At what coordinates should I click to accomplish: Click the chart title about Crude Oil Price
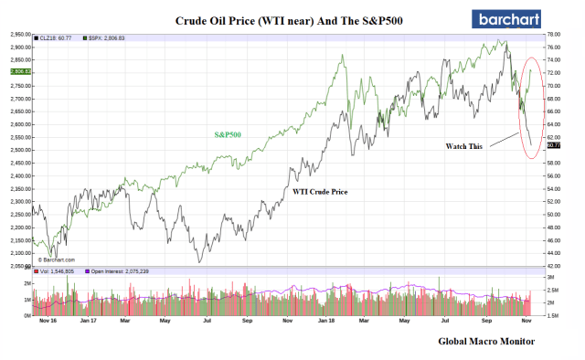point(290,19)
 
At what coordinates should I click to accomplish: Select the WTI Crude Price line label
point(321,191)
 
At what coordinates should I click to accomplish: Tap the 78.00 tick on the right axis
point(552,34)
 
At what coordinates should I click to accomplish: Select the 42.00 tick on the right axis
point(552,266)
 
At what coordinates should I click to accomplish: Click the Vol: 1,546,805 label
point(60,270)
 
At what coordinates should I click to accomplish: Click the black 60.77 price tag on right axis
point(552,144)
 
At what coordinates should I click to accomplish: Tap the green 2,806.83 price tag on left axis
point(18,70)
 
